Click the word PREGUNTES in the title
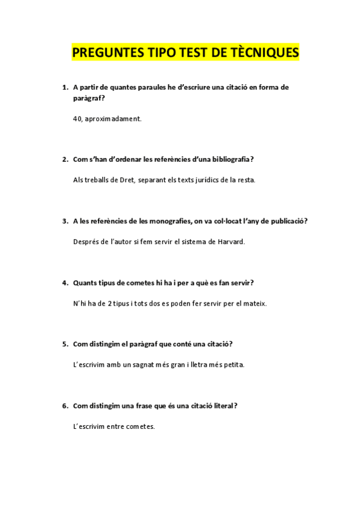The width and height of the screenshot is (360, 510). click(x=105, y=53)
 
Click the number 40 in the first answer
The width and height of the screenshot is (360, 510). click(x=78, y=119)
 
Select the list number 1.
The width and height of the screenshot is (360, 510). click(x=64, y=87)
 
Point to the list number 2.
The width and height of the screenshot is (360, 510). click(x=64, y=159)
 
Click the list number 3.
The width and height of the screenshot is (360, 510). click(x=64, y=221)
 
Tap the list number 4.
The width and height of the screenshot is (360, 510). click(x=64, y=283)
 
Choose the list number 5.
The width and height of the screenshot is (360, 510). click(x=64, y=344)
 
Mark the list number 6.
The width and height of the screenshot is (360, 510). click(x=64, y=406)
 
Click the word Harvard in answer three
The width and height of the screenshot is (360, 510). click(x=231, y=242)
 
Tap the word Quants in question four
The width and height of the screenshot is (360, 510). click(x=85, y=283)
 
